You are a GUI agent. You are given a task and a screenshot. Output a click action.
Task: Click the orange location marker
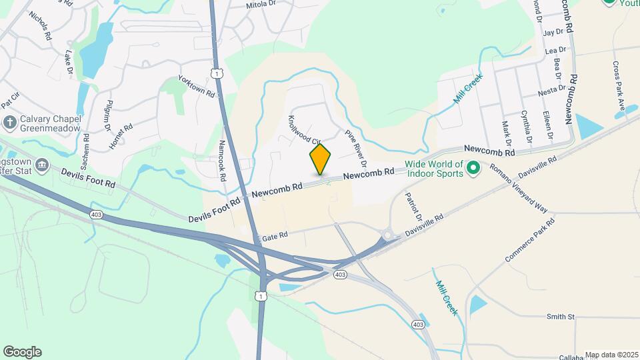click(320, 159)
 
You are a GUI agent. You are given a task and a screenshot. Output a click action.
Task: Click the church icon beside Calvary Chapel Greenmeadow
click(9, 122)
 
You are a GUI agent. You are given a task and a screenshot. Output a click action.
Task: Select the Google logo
click(22, 352)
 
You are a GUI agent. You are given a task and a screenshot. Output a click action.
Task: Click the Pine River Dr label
click(356, 148)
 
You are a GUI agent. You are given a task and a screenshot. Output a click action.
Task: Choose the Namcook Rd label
click(223, 159)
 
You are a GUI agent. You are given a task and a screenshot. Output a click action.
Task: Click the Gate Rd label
click(275, 236)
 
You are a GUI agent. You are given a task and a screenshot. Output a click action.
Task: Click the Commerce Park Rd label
click(531, 239)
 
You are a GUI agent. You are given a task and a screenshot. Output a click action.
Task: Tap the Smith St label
click(561, 317)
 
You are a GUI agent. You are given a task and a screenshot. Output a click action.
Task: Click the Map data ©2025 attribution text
click(611, 355)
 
